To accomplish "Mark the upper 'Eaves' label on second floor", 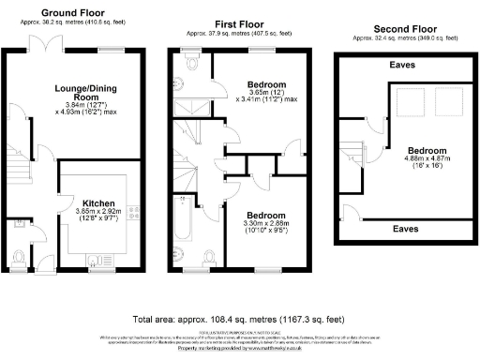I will pyautogui.click(x=406, y=67).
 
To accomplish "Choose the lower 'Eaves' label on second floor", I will pyautogui.click(x=406, y=228).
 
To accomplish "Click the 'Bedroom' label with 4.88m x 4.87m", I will pyautogui.click(x=427, y=150).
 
